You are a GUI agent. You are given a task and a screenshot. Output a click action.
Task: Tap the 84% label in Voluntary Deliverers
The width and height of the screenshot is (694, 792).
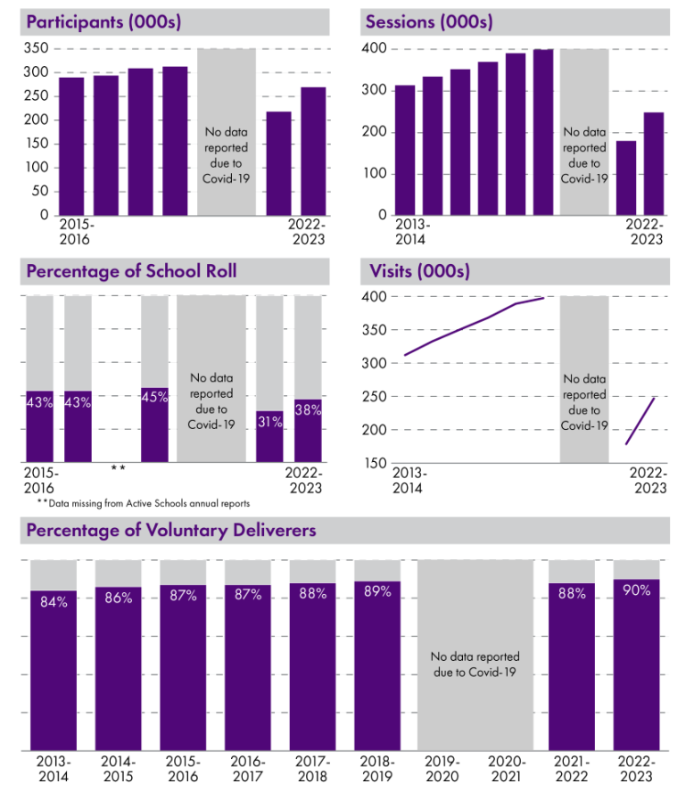(54, 602)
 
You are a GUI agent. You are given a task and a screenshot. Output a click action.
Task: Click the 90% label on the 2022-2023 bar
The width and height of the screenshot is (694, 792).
(636, 591)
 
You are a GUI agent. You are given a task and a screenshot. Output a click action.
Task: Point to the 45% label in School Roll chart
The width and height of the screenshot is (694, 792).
(154, 397)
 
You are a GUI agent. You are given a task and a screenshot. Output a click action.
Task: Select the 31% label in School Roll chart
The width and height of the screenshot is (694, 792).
(269, 423)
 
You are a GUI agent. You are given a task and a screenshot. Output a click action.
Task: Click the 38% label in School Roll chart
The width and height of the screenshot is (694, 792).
(308, 411)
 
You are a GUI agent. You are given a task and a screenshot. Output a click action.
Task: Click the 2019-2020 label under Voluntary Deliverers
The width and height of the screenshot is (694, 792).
(442, 769)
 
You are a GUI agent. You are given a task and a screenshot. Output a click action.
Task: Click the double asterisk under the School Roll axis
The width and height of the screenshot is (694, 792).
(117, 468)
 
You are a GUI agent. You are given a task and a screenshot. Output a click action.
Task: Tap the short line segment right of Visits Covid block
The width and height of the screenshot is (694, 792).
(640, 421)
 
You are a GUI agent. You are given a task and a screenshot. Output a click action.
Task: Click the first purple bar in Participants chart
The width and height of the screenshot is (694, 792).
(71, 146)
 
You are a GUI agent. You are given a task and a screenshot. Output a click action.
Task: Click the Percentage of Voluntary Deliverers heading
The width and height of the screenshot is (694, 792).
(171, 531)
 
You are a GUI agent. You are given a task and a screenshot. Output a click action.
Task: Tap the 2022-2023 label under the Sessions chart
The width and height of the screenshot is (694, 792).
(644, 232)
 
